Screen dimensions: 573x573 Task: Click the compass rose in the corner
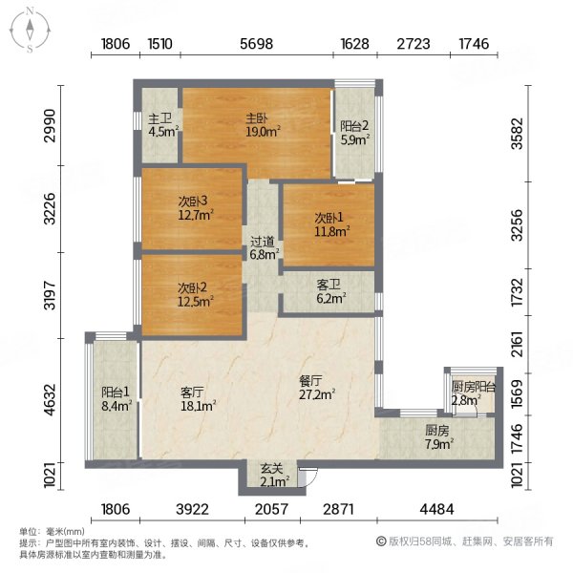(x=30, y=31)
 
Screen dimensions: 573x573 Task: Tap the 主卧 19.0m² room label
(x=263, y=125)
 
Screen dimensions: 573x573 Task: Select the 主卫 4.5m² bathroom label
(x=163, y=125)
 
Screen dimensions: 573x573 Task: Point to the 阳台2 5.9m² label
(x=354, y=133)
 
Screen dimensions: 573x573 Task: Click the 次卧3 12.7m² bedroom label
(x=196, y=208)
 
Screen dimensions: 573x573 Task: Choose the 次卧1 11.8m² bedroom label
(x=331, y=224)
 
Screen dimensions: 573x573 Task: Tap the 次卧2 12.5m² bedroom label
(x=196, y=294)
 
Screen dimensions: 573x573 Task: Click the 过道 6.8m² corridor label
(x=265, y=248)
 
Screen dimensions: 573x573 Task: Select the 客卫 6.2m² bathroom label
(x=331, y=291)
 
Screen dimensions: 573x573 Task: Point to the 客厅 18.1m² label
(x=198, y=399)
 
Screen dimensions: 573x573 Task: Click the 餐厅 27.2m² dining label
(x=317, y=388)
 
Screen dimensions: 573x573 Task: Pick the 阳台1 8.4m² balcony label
(x=117, y=399)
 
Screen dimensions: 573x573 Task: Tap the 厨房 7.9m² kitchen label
(x=439, y=437)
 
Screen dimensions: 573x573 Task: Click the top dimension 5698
(x=257, y=44)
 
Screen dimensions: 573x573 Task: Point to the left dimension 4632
(x=50, y=399)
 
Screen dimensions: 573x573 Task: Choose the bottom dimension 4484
(x=436, y=509)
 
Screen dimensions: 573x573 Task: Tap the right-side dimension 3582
(x=518, y=134)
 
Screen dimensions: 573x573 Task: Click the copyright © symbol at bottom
(x=381, y=541)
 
